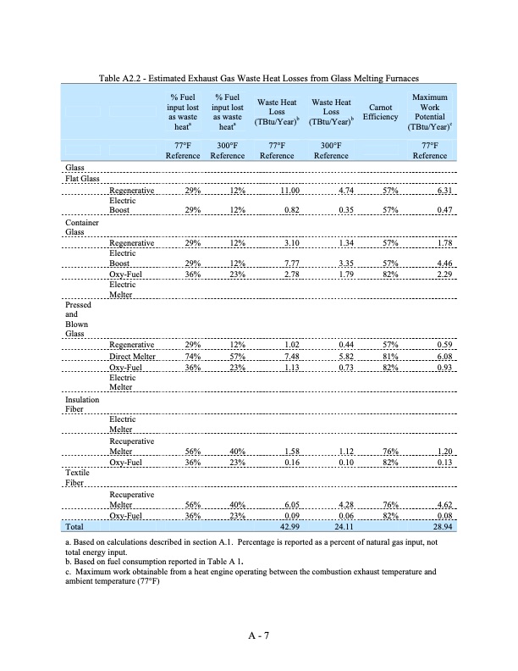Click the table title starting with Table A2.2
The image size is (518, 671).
tap(259, 79)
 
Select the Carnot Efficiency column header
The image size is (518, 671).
tap(380, 114)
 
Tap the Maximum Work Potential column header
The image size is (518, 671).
tap(430, 114)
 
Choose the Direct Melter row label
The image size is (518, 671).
tap(133, 357)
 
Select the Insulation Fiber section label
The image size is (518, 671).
tap(82, 403)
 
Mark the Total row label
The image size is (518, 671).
tap(75, 527)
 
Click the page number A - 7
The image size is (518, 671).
tap(258, 633)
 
